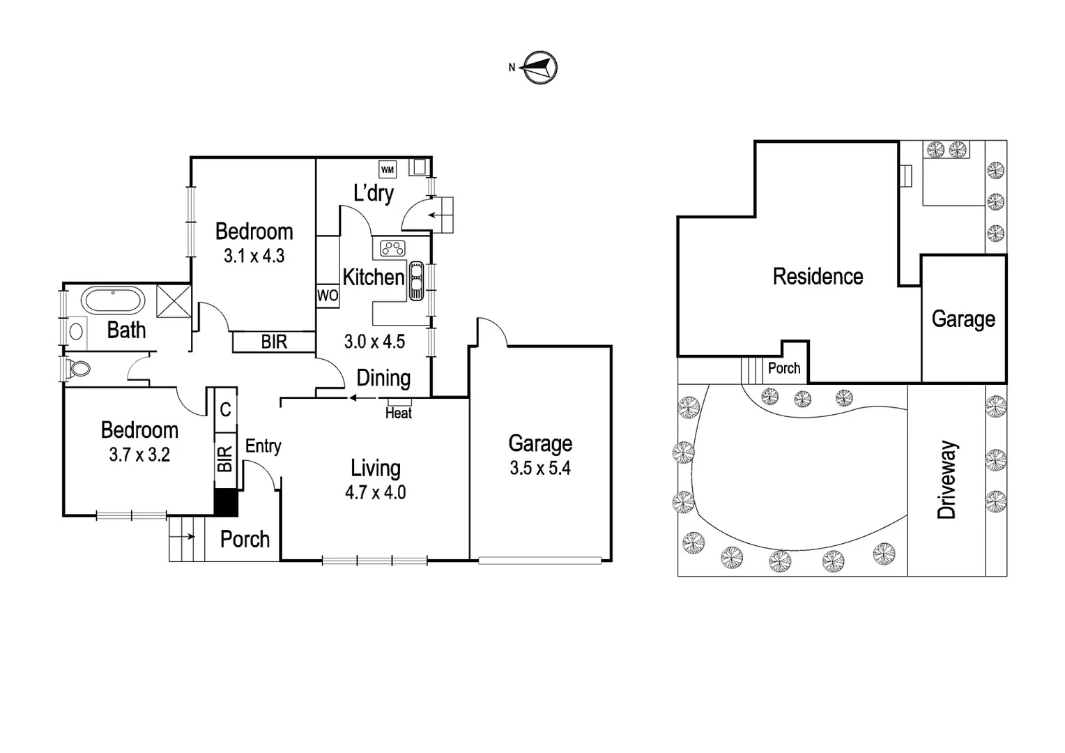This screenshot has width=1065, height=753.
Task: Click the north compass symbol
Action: [x=540, y=68]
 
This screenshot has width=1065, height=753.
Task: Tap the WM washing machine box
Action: [x=388, y=169]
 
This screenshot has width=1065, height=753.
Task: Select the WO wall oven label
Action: [x=328, y=295]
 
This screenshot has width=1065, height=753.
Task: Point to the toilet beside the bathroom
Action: [x=79, y=367]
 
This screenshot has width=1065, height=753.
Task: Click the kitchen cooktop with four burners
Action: [x=393, y=248]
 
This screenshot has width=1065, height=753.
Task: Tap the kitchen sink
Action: [x=416, y=280]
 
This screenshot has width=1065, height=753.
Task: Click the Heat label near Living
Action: [x=399, y=413]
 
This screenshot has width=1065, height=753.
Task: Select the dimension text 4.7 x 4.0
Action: [x=375, y=492]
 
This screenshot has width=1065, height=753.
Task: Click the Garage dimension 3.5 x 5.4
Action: [x=540, y=468]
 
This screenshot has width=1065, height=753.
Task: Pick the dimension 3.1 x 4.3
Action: [x=254, y=256]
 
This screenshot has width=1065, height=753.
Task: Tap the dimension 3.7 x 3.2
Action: [x=139, y=455]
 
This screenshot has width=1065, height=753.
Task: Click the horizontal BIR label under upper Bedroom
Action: [x=274, y=342]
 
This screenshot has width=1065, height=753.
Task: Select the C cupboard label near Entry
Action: [x=225, y=409]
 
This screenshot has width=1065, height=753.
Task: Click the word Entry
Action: [x=263, y=446]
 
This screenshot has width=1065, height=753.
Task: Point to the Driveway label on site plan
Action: [x=947, y=480]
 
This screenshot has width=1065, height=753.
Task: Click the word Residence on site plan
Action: [x=818, y=277]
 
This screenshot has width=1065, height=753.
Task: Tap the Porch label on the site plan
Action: [x=784, y=368]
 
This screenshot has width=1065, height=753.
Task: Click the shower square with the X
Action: [x=173, y=301]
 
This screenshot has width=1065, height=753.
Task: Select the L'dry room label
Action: [x=374, y=193]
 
